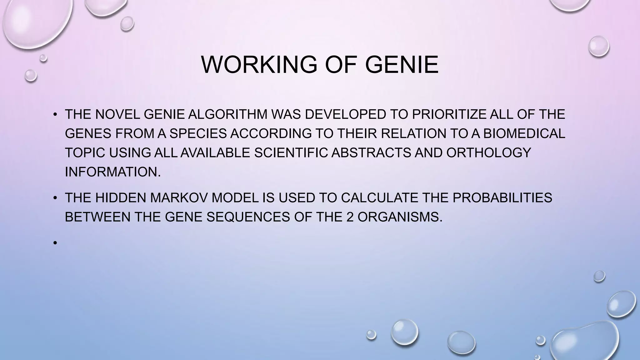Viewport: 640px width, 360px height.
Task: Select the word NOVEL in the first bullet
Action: point(117,114)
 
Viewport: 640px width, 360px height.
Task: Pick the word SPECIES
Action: point(198,134)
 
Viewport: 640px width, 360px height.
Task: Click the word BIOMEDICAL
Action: point(524,134)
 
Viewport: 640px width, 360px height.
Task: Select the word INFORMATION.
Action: point(113,172)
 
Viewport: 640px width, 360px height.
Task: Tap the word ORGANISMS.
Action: point(400,217)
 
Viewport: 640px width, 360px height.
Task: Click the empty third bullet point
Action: point(55,242)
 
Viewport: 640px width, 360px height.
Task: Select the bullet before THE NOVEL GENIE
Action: point(55,115)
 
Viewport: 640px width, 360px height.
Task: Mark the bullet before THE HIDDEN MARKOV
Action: point(55,198)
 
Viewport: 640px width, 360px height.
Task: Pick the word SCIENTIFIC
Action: point(291,153)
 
